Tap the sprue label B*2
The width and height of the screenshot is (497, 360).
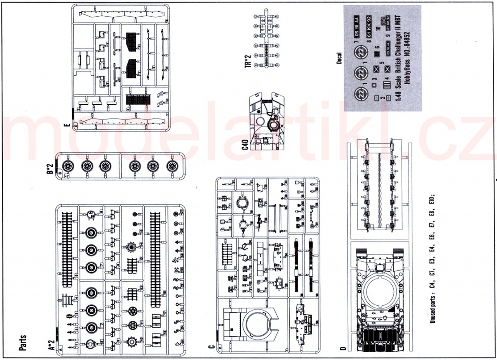[50, 170]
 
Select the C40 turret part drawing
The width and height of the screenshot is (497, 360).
[269, 120]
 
